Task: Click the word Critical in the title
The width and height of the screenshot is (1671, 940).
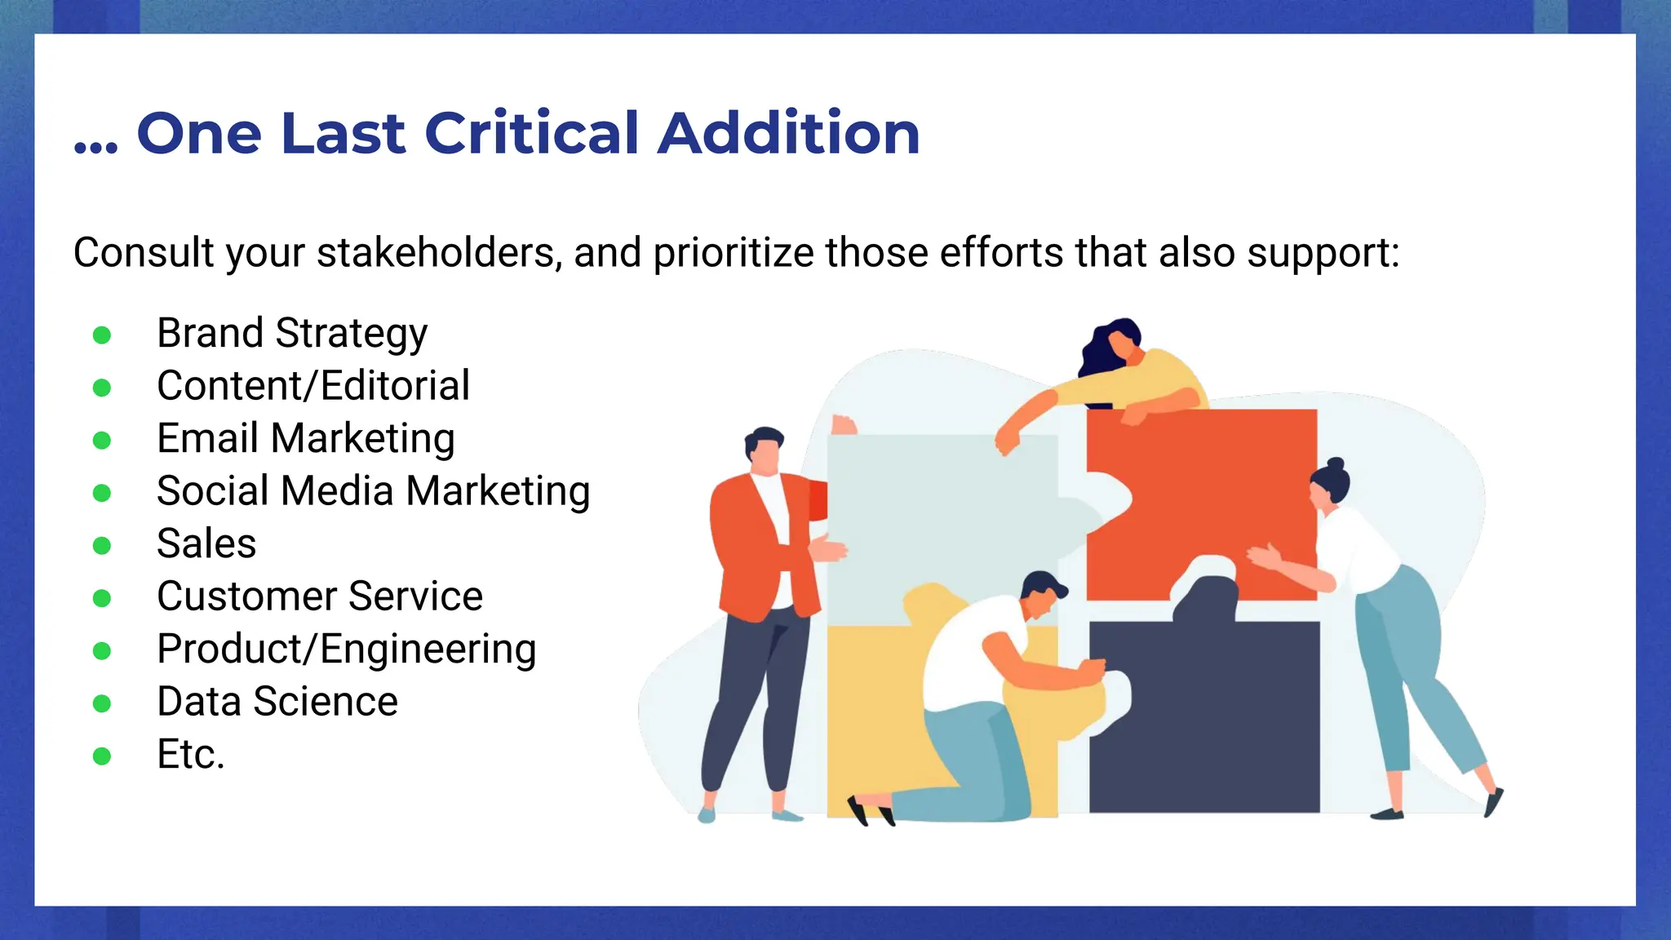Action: (531, 133)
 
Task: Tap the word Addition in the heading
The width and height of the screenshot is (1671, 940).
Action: (789, 133)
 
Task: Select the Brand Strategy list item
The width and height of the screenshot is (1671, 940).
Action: (292, 334)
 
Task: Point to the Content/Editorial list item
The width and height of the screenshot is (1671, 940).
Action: (313, 386)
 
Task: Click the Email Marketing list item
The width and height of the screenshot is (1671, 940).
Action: (306, 439)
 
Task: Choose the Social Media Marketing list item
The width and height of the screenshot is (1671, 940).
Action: (373, 491)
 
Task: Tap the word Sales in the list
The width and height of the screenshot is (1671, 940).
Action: (206, 543)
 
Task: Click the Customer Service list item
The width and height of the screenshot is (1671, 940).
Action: (320, 596)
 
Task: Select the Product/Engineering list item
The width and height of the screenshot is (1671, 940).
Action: (347, 650)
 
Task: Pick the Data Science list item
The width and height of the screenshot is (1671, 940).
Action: (277, 702)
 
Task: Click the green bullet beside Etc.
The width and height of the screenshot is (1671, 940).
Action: (102, 756)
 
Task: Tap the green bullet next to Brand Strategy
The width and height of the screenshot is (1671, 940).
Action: (102, 335)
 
